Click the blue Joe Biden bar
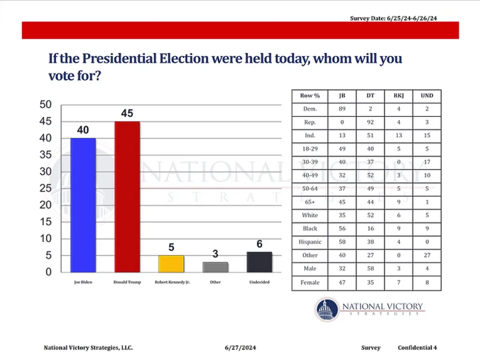click(83, 205)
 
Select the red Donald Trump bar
click(127, 196)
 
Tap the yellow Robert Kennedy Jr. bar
click(171, 263)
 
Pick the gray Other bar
click(215, 267)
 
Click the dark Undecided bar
click(259, 262)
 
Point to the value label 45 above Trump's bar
click(127, 113)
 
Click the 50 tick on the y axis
click(45, 105)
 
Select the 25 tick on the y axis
click(45, 188)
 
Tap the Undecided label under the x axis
click(259, 283)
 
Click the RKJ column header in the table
click(398, 96)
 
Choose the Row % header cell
click(310, 96)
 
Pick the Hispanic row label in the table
click(310, 242)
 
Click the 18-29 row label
click(310, 149)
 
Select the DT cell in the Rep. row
click(370, 122)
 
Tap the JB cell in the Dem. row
click(342, 109)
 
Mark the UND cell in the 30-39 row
click(427, 162)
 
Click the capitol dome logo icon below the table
click(327, 309)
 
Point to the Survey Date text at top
click(394, 18)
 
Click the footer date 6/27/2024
click(240, 348)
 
